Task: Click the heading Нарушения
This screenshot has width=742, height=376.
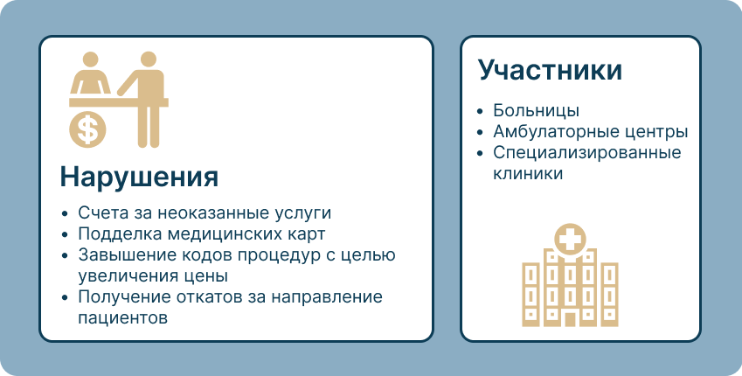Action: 139,178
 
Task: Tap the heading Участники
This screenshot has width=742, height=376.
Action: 550,70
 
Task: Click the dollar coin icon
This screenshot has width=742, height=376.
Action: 87,129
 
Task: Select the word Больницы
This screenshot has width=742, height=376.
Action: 536,110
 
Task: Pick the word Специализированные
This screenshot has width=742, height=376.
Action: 586,152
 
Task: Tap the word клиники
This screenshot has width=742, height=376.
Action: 528,173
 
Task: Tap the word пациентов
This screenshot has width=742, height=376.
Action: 123,317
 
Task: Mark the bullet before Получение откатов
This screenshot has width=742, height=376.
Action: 66,297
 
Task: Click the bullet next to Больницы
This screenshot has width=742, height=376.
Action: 481,111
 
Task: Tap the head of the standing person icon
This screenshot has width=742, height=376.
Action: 148,59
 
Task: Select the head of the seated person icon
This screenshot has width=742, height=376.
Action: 90,59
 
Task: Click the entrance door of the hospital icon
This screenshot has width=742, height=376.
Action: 570,318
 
